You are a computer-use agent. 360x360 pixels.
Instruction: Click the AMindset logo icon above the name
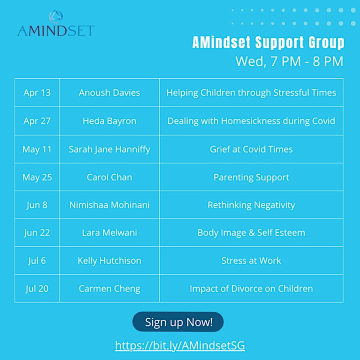point(56,16)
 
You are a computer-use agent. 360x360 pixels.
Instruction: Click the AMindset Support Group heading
point(268,42)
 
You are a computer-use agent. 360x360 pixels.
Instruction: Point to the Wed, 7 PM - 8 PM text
point(289,61)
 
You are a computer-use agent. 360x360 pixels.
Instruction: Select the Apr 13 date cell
point(37,93)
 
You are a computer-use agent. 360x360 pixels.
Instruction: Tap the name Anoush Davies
point(109,92)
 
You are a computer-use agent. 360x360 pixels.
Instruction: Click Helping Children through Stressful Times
point(251,93)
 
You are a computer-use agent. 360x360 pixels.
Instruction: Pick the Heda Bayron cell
point(109,121)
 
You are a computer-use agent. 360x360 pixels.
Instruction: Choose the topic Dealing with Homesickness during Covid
point(251,121)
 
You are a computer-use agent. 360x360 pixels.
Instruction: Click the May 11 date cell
point(37,149)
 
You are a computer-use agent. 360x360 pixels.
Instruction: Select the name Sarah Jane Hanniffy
point(109,149)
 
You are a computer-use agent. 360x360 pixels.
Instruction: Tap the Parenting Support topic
point(251,177)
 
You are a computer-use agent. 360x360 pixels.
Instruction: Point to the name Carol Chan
point(109,177)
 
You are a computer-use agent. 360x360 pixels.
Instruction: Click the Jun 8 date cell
point(37,205)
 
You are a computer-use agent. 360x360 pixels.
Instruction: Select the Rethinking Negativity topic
point(251,205)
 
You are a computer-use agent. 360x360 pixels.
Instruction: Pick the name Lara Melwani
point(109,232)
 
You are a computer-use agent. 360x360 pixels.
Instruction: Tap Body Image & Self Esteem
point(251,233)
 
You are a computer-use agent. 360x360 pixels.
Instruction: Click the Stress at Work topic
point(251,260)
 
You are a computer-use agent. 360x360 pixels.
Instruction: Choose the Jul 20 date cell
point(37,288)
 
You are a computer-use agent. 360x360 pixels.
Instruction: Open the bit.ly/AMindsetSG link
point(180,345)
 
